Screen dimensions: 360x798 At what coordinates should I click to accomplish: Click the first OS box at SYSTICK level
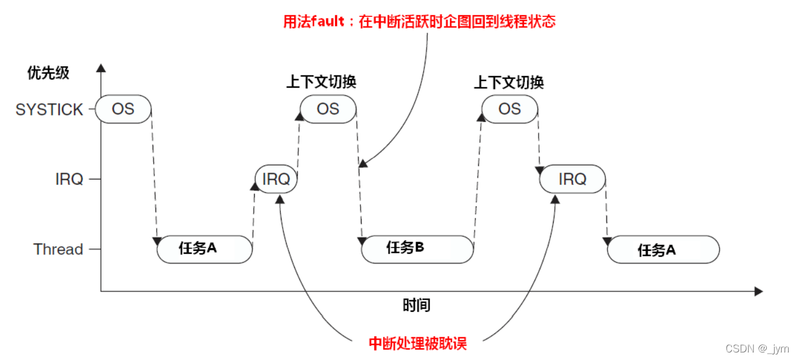[x=123, y=109]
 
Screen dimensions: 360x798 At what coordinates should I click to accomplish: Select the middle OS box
[x=328, y=109]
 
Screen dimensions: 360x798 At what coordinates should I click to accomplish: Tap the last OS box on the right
[x=510, y=109]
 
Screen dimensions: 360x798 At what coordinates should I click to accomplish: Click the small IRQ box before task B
[x=276, y=179]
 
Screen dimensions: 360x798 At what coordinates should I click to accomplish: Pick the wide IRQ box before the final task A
[x=572, y=179]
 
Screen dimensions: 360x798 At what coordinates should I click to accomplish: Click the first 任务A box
[x=204, y=249]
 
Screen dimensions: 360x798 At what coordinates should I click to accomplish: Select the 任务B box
[x=417, y=249]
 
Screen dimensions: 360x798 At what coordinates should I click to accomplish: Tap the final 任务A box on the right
[x=663, y=250]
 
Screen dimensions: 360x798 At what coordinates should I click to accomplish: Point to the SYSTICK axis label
[x=49, y=110]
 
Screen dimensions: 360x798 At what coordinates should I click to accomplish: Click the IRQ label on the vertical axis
[x=69, y=179]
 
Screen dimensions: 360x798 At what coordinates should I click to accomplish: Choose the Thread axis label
[x=58, y=250]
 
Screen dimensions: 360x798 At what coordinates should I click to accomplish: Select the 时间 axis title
[x=417, y=305]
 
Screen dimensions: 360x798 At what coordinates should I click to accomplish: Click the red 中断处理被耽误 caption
[x=418, y=343]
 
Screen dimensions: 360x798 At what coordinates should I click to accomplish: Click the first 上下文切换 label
[x=321, y=82]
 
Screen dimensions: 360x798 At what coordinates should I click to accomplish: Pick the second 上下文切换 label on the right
[x=509, y=82]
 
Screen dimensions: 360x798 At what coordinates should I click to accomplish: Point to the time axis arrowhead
[x=758, y=291]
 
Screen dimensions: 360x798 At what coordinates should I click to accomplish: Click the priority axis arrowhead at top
[x=101, y=68]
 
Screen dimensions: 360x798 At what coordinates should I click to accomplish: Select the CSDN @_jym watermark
[x=757, y=348]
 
